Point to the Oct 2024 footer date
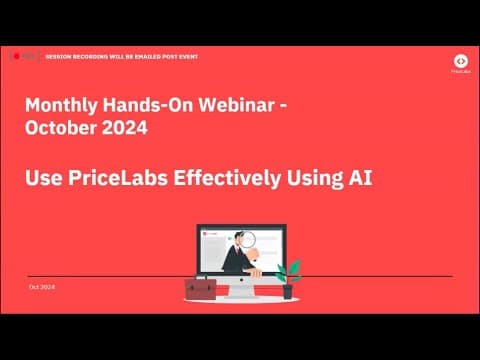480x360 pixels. click(x=41, y=287)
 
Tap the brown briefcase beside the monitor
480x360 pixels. click(x=200, y=289)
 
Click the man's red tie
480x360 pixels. click(x=240, y=256)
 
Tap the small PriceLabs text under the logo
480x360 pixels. click(x=461, y=73)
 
